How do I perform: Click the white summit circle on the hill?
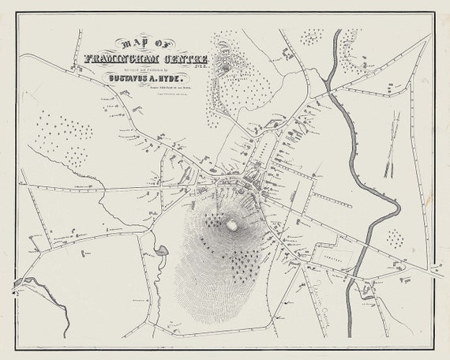coord(232,225)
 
